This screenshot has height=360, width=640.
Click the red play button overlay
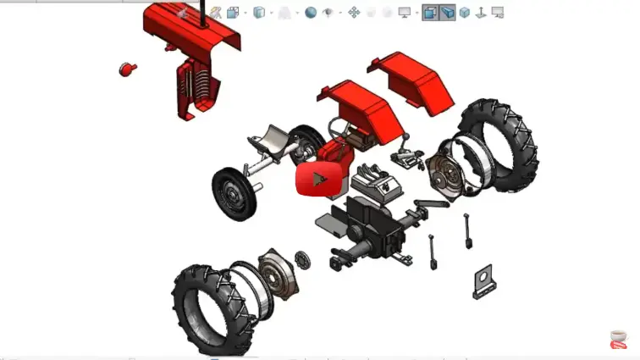pyautogui.click(x=318, y=179)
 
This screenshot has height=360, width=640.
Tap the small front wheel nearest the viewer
pyautogui.click(x=234, y=193)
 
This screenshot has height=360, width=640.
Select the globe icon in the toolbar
pyautogui.click(x=311, y=13)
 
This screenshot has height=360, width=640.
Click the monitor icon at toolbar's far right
pyautogui.click(x=498, y=13)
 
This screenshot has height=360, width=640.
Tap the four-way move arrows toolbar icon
pyautogui.click(x=355, y=13)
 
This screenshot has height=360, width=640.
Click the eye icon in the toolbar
pyautogui.click(x=329, y=13)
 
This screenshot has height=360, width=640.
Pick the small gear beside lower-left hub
pyautogui.click(x=301, y=258)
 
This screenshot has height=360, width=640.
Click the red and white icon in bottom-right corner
pyautogui.click(x=619, y=339)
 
